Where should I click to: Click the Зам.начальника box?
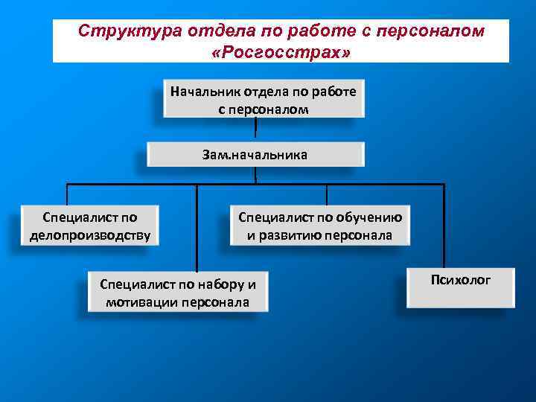(255, 154)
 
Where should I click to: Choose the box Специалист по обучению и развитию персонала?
(320, 226)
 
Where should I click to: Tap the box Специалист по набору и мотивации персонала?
(177, 293)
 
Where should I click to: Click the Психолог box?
(461, 287)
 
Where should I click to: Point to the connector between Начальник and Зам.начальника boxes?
(255, 130)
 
